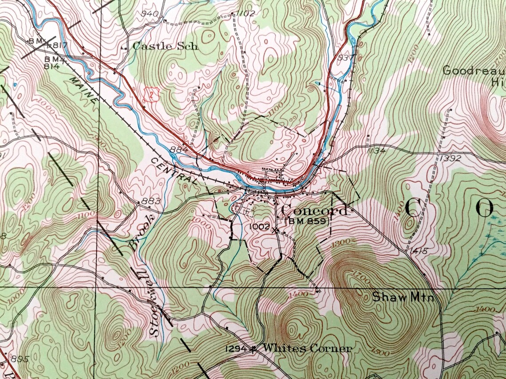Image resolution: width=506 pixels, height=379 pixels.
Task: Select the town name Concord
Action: (314, 210)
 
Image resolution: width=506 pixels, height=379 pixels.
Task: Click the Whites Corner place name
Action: (307, 348)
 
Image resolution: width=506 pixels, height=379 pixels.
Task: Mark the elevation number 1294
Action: (236, 349)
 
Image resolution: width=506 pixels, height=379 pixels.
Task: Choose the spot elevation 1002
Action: (260, 227)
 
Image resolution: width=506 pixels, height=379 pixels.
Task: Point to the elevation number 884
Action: (179, 150)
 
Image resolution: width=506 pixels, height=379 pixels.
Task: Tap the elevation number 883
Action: (150, 202)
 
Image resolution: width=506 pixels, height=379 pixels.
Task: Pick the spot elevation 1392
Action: (451, 158)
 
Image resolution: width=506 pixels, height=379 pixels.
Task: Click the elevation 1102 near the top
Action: (245, 13)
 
